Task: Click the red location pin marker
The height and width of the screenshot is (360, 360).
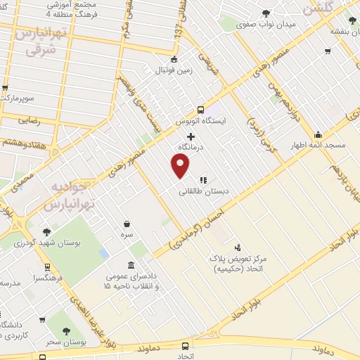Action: (x=181, y=165)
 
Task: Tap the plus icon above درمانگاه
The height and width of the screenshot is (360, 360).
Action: (x=191, y=134)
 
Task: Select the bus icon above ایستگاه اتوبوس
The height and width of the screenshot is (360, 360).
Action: (x=201, y=109)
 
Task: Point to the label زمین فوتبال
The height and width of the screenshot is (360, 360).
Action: (x=171, y=70)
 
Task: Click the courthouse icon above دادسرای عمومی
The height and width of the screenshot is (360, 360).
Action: (x=131, y=264)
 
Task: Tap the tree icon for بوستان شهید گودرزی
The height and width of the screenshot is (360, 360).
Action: (x=47, y=231)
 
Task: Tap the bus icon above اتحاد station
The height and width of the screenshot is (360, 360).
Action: (x=185, y=346)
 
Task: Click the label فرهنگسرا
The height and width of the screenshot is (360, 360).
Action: (x=63, y=278)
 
